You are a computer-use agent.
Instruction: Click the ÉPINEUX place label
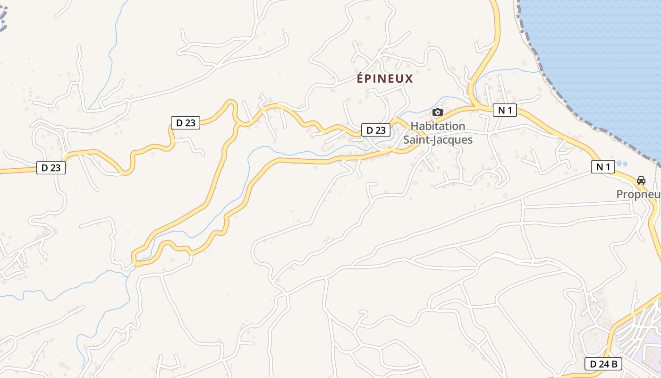[x=385, y=78]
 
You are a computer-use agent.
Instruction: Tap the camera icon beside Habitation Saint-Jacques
[x=438, y=112]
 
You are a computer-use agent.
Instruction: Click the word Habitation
[x=438, y=126]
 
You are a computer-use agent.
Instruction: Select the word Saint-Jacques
[x=438, y=140]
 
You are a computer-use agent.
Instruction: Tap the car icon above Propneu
[x=641, y=180]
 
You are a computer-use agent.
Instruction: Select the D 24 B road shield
[x=603, y=364]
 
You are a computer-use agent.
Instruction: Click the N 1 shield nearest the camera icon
[x=505, y=111]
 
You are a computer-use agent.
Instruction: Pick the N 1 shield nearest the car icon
[x=603, y=166]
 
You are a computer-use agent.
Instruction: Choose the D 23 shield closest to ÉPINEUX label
[x=376, y=130]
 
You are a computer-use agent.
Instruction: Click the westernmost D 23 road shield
[x=51, y=167]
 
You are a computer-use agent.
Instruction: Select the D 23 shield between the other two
[x=185, y=123]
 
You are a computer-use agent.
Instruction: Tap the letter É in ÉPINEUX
[x=360, y=78]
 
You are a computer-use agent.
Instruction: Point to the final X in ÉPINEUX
[x=409, y=78]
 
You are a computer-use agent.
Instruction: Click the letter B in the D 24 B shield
[x=614, y=364]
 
